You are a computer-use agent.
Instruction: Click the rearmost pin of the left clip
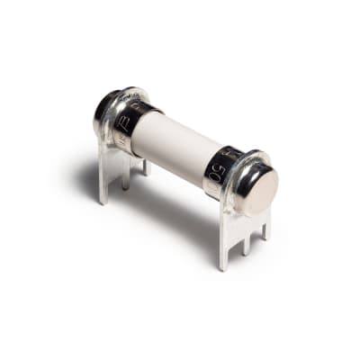(x=145, y=166)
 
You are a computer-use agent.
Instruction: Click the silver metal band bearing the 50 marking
(x=219, y=166)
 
